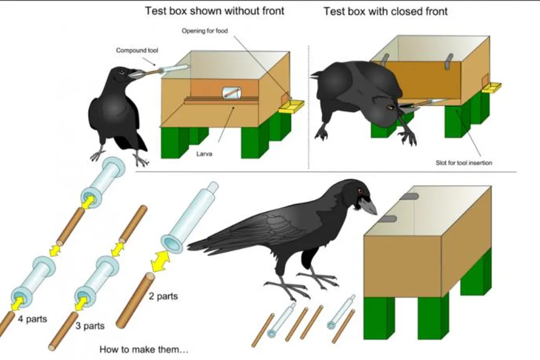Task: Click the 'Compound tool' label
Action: coord(137,51)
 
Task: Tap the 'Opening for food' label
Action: coord(205,31)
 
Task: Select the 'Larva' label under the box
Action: coord(204,154)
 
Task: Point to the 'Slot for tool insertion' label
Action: coord(464,163)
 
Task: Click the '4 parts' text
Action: coord(33,319)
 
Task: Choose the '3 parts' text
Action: coord(90,326)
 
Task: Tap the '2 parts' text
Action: coord(163,296)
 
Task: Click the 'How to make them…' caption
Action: coord(144,349)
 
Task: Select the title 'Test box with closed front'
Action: coord(385,12)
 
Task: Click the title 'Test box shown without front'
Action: coord(215,11)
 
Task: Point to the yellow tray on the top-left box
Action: coord(292,106)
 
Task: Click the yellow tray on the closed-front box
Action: coord(492,87)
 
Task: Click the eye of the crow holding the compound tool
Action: coord(121,72)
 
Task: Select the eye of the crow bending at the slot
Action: coord(390,107)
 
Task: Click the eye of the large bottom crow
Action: coord(360,190)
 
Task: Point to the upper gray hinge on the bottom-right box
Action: coord(408,196)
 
